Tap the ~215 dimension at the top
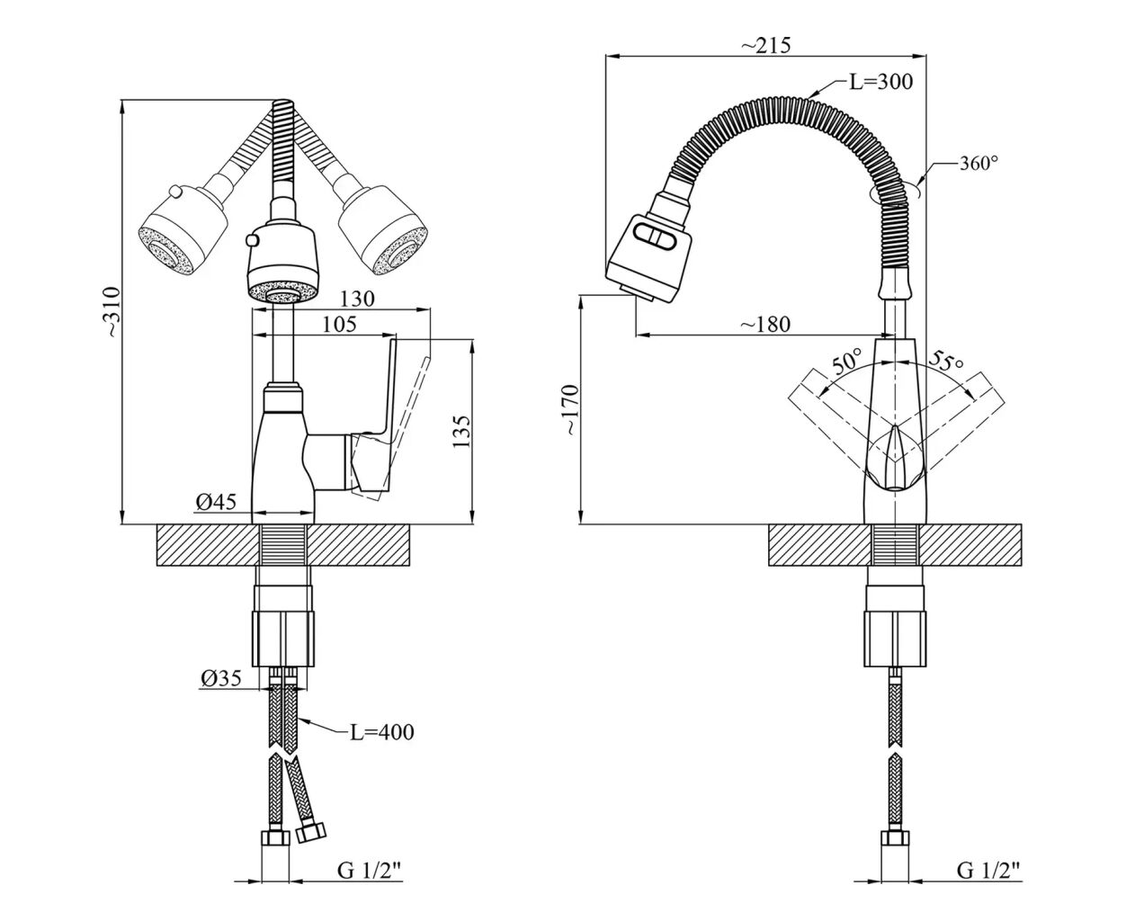pos(766,44)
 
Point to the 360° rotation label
pos(979,163)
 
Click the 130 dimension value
pos(357,298)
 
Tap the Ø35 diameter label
pos(220,680)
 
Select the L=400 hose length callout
pos(381,732)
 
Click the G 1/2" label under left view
pos(370,871)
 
